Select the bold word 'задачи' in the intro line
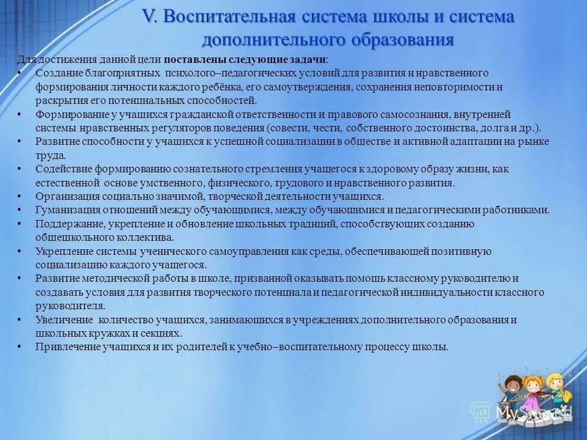(306, 60)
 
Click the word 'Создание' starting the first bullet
(56, 73)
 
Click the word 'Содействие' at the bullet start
(61, 169)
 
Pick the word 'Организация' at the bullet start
(64, 196)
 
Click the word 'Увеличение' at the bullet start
(61, 320)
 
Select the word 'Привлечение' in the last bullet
(64, 346)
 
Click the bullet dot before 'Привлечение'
(20, 346)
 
